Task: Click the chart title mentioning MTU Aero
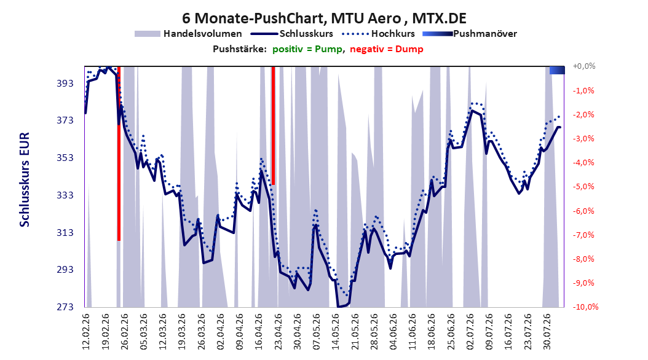coord(324,18)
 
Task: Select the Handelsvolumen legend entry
coord(188,34)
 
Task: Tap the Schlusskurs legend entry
coord(292,34)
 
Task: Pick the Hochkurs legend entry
coord(376,34)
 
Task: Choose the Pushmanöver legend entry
coord(470,34)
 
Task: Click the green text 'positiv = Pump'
coord(307,49)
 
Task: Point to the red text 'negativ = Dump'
coord(387,49)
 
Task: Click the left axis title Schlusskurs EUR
coord(25,179)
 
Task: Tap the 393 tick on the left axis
coord(65,83)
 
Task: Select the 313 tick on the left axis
coord(65,232)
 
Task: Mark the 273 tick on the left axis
coord(65,307)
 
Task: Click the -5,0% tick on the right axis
coord(583,187)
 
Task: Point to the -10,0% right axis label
coord(585,307)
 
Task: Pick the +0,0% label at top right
coord(584,66)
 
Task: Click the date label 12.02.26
coord(86,332)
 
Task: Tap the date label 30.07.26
coord(547,332)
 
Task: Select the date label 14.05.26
coord(336,332)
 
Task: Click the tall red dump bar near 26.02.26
coord(119,153)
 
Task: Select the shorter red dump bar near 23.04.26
coord(273,125)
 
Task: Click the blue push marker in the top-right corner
coord(557,70)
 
